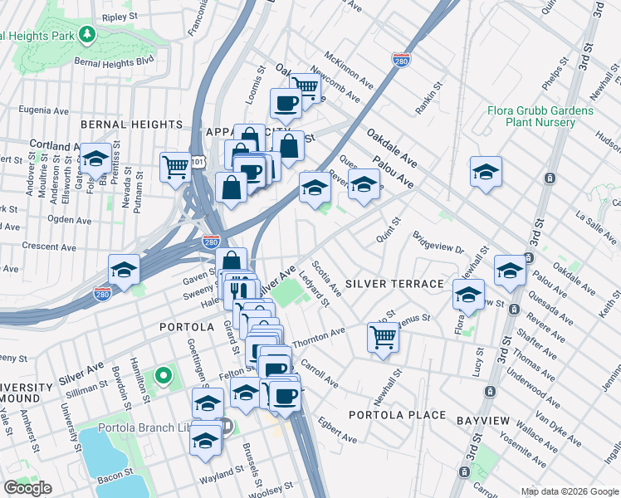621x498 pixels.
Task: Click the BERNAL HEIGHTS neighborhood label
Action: point(120,124)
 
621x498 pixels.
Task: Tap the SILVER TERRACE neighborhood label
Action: point(394,284)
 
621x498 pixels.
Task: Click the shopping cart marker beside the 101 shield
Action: point(175,167)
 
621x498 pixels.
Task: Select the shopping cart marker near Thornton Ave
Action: point(383,337)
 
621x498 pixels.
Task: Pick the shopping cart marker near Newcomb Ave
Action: point(305,85)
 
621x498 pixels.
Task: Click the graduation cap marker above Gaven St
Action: point(124,270)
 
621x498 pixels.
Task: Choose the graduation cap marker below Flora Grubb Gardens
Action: point(486,171)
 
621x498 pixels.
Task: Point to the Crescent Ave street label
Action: point(49,247)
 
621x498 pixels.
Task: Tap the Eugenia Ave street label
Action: point(43,109)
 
